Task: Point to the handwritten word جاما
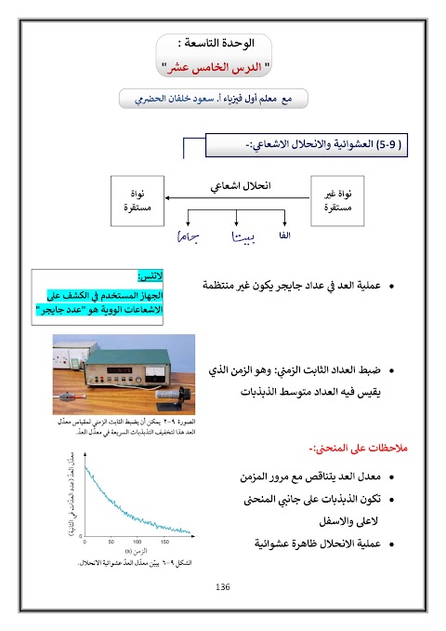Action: tap(190, 239)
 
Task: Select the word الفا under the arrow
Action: tap(284, 236)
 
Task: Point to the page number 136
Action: tap(222, 587)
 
